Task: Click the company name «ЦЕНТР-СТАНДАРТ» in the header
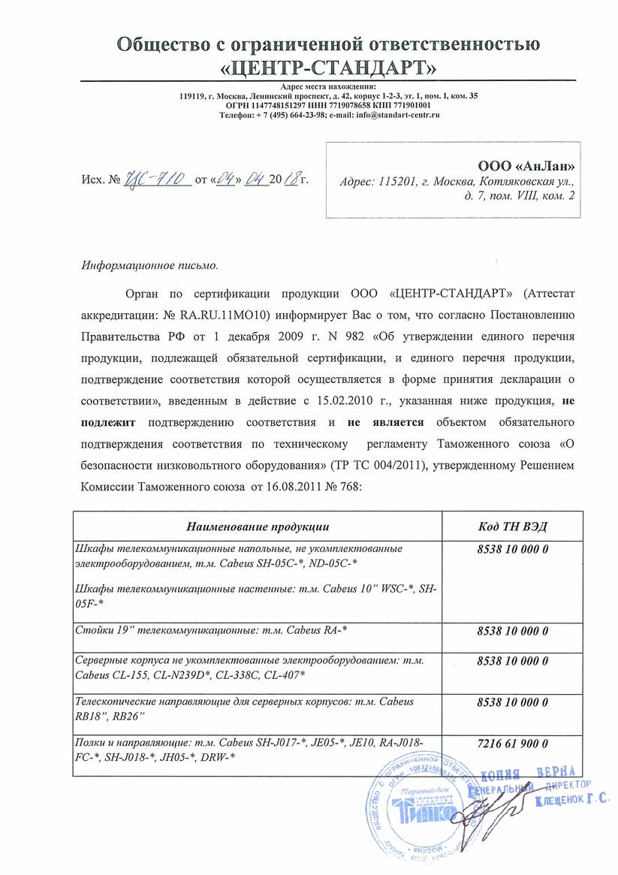click(x=329, y=68)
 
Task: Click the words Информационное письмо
click(x=149, y=265)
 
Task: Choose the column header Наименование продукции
click(x=258, y=526)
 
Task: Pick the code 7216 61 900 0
click(x=512, y=744)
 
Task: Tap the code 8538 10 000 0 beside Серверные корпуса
click(x=512, y=661)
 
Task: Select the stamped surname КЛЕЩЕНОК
click(x=560, y=801)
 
